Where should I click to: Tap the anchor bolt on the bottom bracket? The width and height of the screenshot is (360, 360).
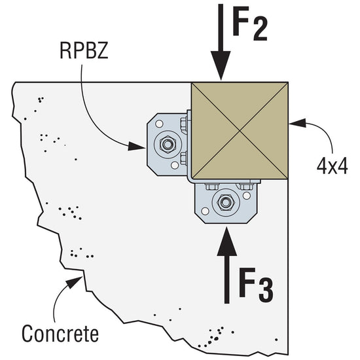(225, 203)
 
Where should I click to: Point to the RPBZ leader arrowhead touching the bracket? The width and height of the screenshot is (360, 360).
(146, 145)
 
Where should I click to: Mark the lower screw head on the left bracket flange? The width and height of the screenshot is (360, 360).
(185, 158)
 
